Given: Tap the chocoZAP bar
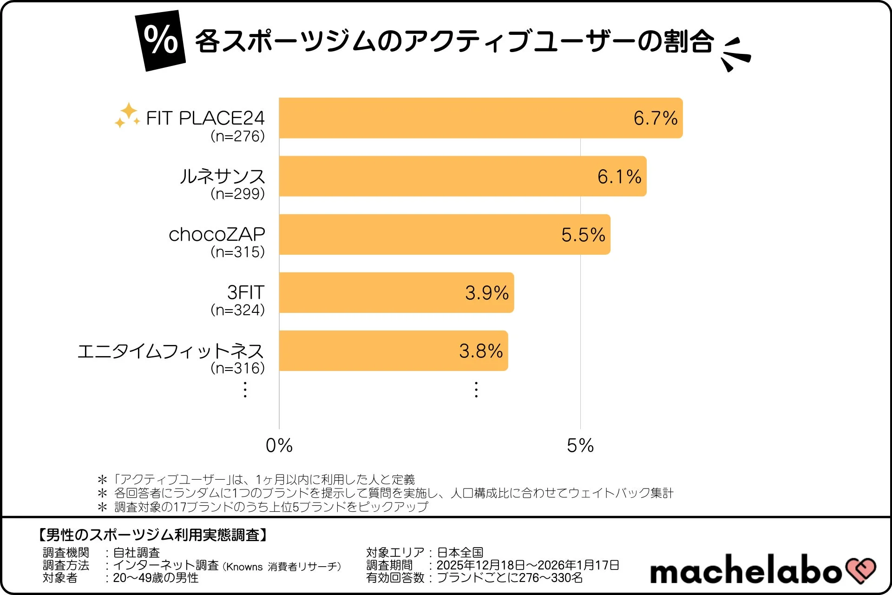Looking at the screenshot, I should click(418, 234).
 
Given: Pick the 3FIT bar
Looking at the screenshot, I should click(372, 292).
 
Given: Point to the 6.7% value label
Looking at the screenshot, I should click(655, 118).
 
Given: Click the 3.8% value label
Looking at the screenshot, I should click(481, 351).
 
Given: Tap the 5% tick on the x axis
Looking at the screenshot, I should click(580, 445).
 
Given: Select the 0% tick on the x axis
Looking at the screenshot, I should click(279, 445).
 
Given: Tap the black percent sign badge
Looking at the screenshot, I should click(161, 40).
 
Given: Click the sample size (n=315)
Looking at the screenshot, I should click(237, 252).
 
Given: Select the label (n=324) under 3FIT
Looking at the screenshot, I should click(237, 310).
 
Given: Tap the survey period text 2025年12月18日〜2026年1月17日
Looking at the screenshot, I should click(528, 565).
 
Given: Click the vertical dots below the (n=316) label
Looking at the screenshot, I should click(245, 390).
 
